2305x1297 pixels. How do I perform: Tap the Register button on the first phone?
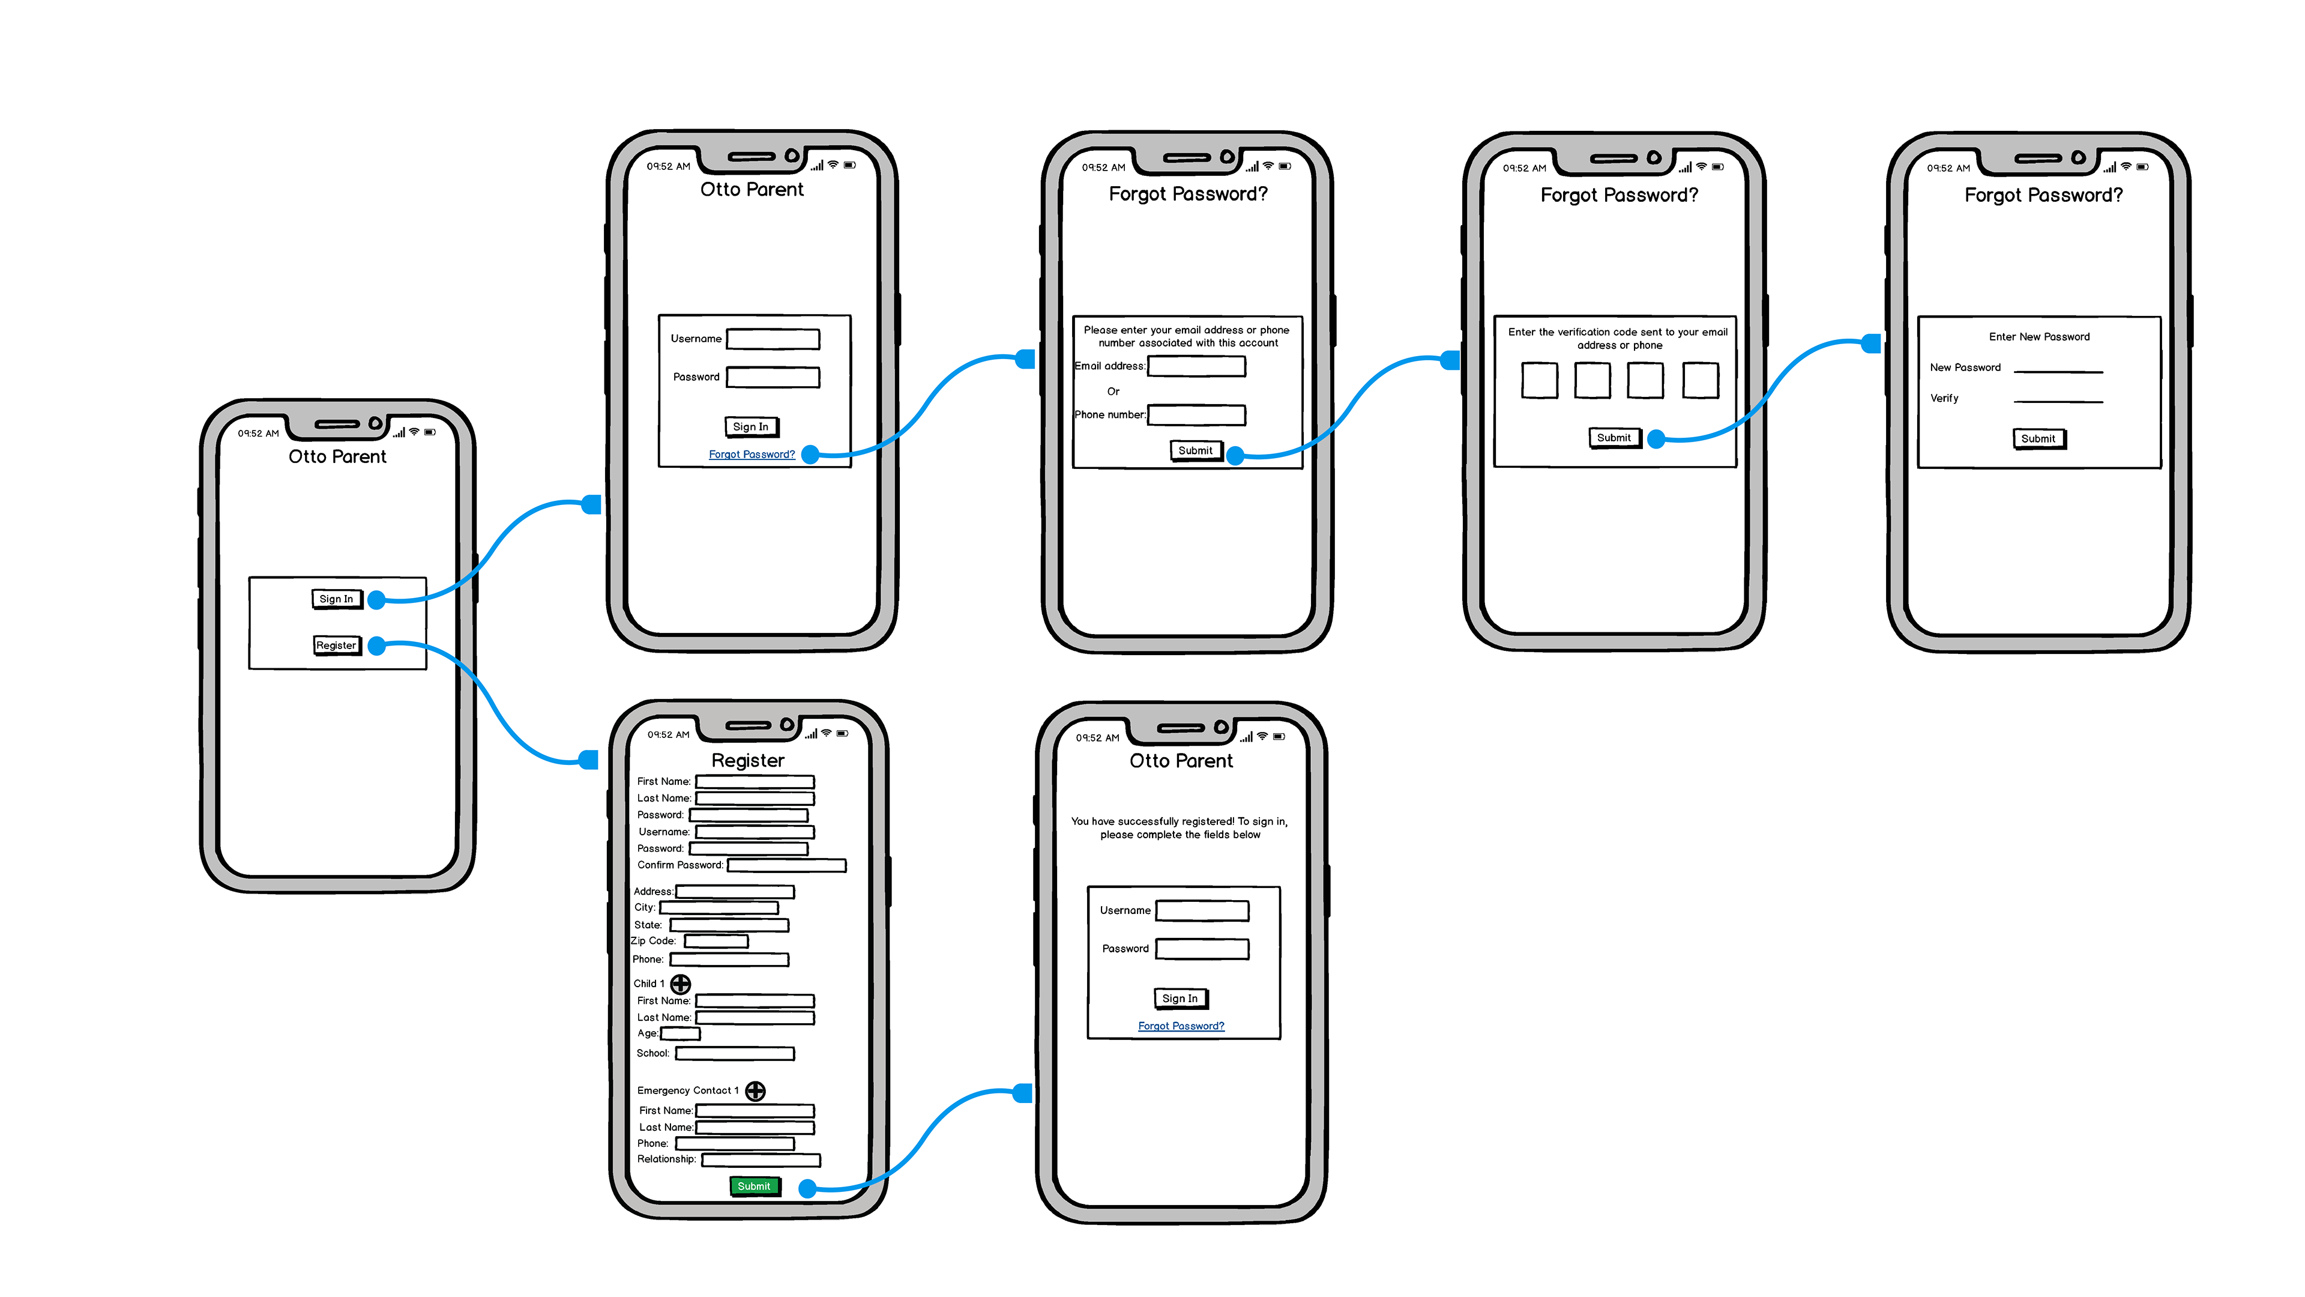click(336, 645)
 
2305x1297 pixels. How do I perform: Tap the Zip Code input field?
click(716, 942)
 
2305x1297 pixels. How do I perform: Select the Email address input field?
click(1196, 366)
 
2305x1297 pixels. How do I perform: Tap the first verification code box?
click(1539, 381)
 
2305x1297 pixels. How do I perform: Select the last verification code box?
click(1700, 381)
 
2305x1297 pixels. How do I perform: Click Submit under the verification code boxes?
click(1614, 438)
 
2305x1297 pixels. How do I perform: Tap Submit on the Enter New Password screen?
click(2038, 438)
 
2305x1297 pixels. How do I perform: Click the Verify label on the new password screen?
click(1944, 398)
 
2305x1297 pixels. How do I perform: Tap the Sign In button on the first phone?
click(336, 599)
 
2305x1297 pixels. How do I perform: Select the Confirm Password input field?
click(786, 865)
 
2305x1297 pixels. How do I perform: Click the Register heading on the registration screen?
click(748, 761)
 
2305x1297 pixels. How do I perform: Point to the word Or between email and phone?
click(1113, 391)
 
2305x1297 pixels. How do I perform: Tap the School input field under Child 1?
click(735, 1054)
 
